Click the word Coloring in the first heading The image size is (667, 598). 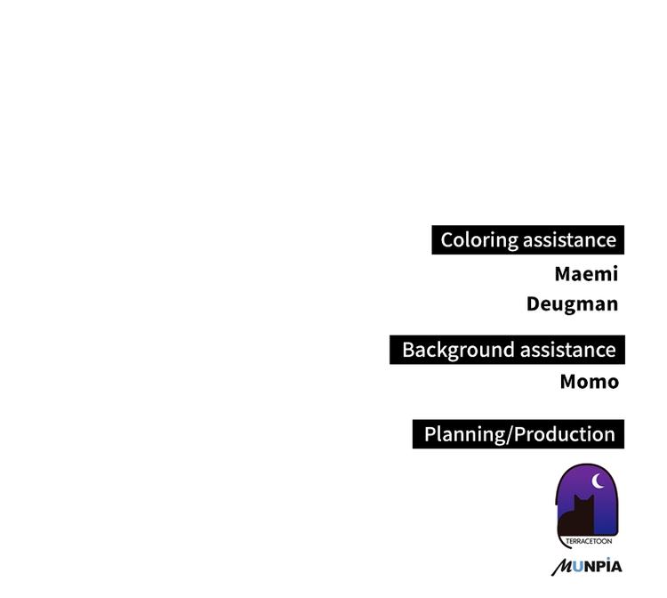pyautogui.click(x=479, y=239)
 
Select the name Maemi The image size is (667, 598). pyautogui.click(x=585, y=273)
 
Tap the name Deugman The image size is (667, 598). pyautogui.click(x=572, y=303)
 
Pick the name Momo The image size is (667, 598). pyautogui.click(x=589, y=382)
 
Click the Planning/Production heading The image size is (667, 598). pyautogui.click(x=519, y=434)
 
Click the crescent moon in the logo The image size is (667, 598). pyautogui.click(x=599, y=481)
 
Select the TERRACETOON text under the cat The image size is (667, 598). pyautogui.click(x=588, y=540)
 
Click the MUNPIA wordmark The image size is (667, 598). pyautogui.click(x=586, y=566)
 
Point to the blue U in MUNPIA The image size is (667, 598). pyautogui.click(x=578, y=566)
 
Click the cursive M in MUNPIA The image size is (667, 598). pyautogui.click(x=562, y=567)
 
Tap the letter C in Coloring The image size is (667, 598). pyautogui.click(x=448, y=239)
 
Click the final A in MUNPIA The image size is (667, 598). pyautogui.click(x=615, y=566)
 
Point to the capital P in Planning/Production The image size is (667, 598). pyautogui.click(x=430, y=434)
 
